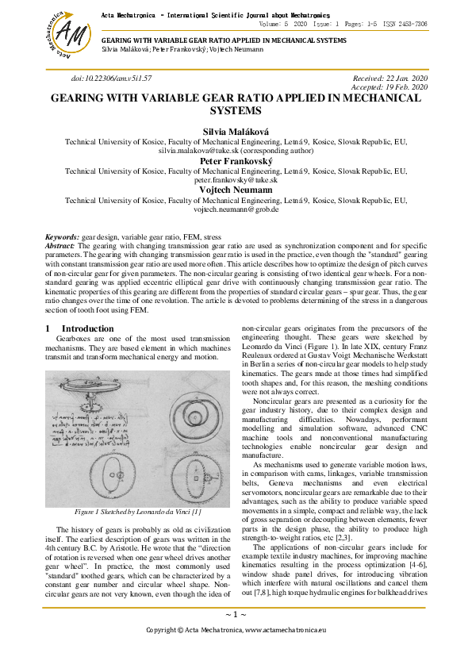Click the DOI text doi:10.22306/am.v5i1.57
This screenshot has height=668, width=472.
[111, 79]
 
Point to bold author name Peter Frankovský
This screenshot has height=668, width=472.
[236, 160]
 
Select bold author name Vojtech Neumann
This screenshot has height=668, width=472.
[236, 190]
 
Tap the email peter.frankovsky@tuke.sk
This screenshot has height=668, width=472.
[236, 180]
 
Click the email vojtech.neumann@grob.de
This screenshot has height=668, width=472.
[236, 209]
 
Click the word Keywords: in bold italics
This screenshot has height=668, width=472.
[62, 237]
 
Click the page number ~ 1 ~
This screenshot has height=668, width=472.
[236, 615]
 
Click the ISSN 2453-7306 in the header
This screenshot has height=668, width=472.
[405, 25]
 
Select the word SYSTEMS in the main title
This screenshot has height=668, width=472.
[236, 111]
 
